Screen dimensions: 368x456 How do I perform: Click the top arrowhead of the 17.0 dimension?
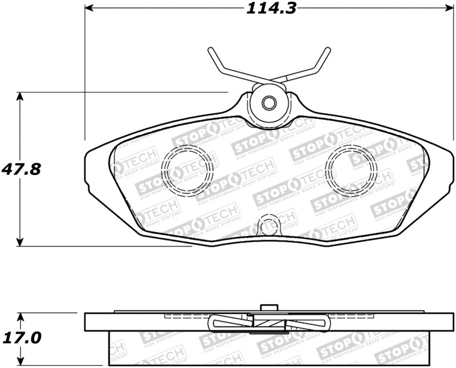[21, 317]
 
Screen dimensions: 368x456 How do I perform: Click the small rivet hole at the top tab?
[269, 103]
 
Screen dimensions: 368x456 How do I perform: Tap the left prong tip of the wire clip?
[210, 50]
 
